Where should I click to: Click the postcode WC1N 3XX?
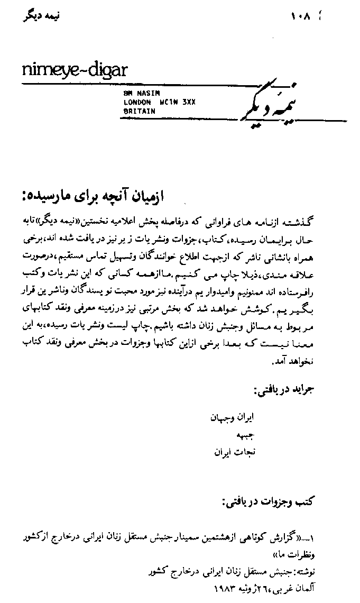pyautogui.click(x=179, y=103)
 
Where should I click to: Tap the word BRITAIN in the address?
pyautogui.click(x=139, y=111)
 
